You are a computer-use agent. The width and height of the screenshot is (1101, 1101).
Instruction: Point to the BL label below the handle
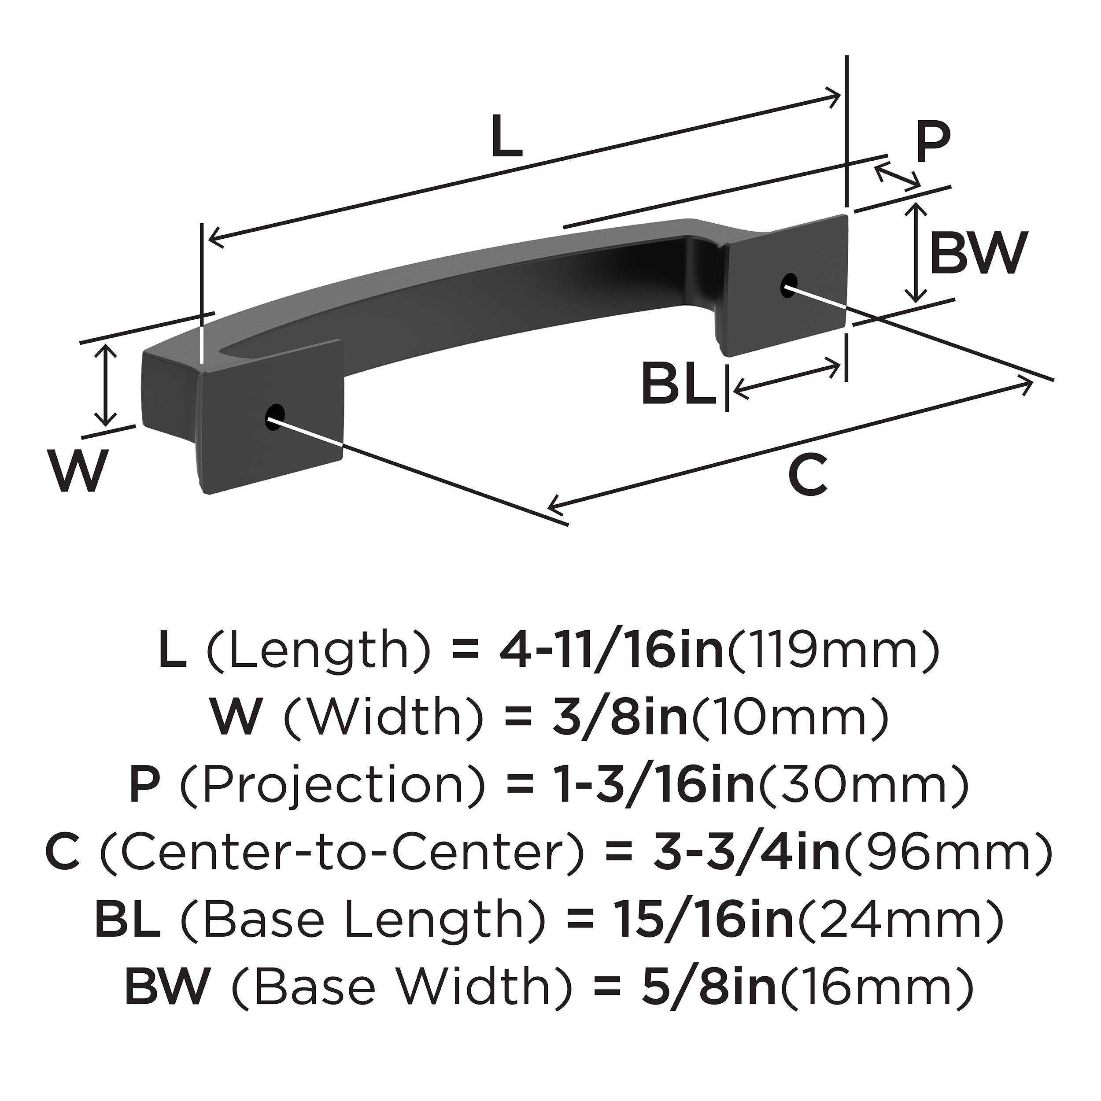[x=679, y=384]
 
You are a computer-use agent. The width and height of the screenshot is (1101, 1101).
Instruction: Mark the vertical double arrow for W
[x=105, y=385]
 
